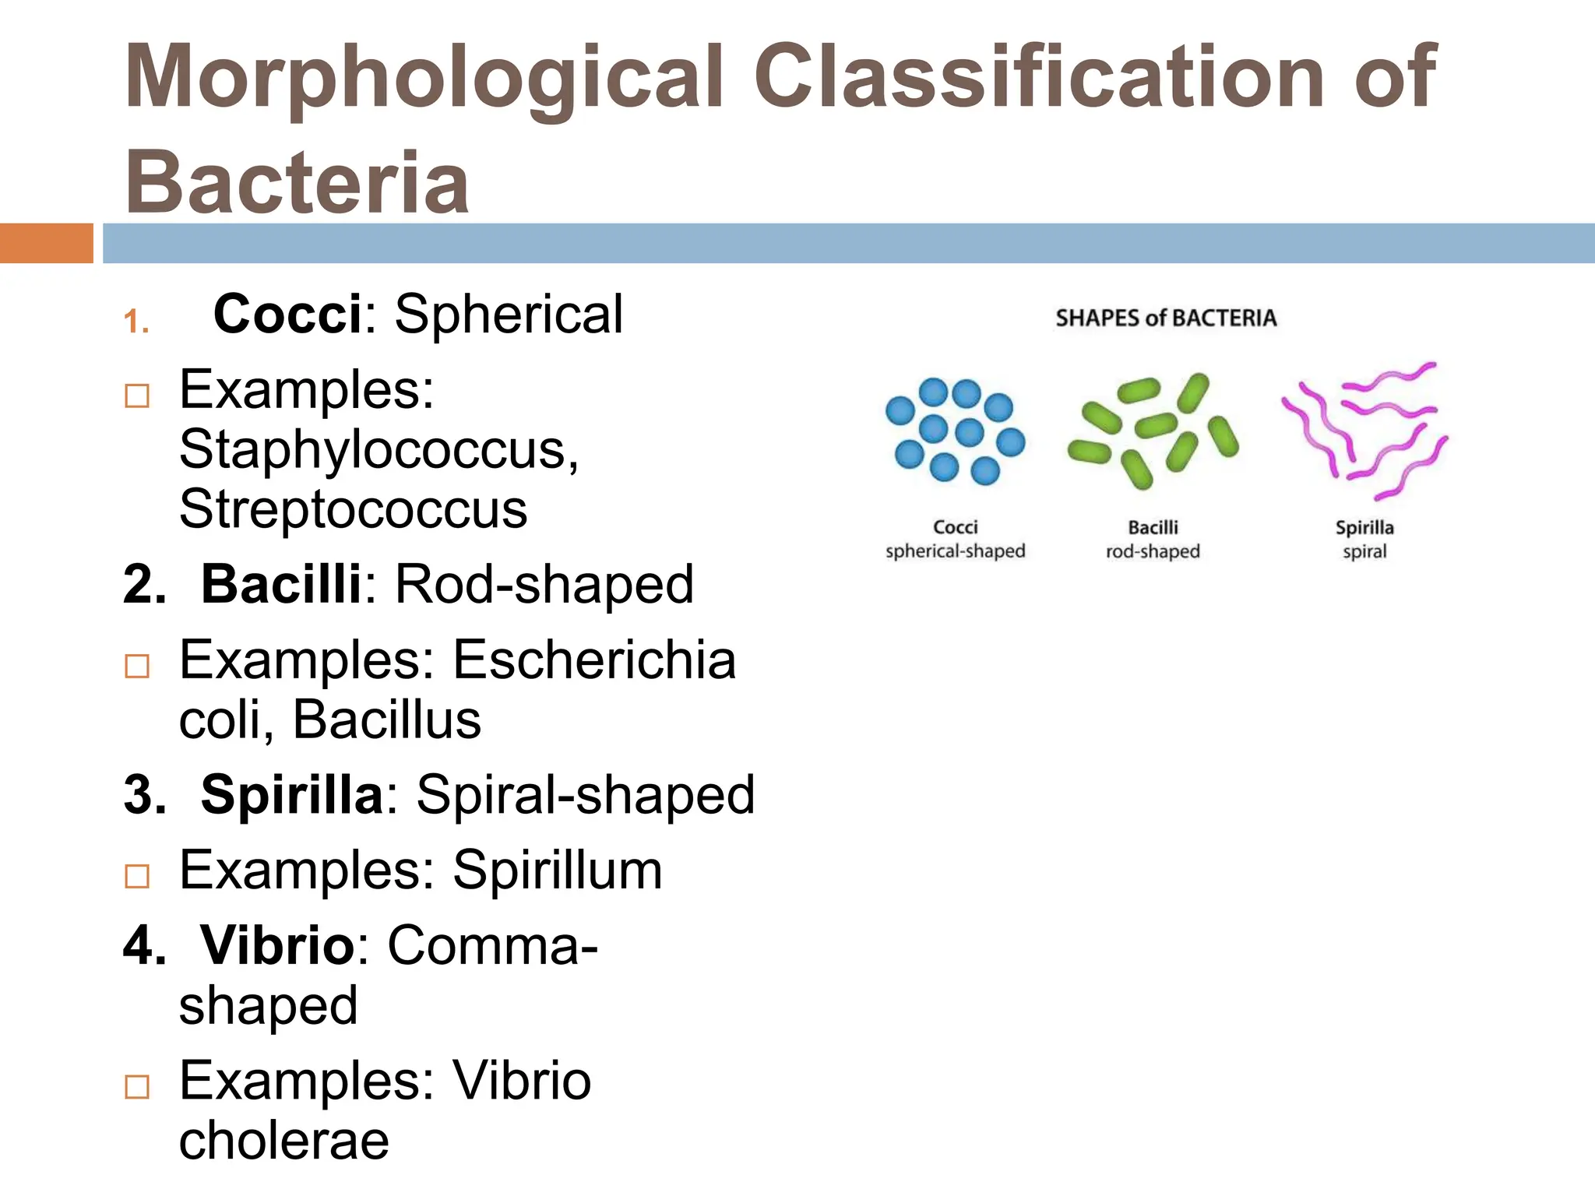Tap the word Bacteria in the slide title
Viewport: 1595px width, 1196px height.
tap(297, 182)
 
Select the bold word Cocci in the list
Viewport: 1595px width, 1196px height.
tap(287, 315)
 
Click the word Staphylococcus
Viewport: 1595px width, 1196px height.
tap(379, 450)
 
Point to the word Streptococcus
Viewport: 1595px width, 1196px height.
tap(353, 510)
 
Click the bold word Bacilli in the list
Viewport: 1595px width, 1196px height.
tap(280, 584)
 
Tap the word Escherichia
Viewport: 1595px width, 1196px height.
tap(594, 660)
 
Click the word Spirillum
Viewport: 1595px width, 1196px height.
tap(558, 871)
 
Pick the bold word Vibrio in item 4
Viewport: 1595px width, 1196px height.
tap(277, 945)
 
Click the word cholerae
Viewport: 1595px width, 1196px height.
tap(283, 1141)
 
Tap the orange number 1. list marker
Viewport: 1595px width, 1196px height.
tap(136, 322)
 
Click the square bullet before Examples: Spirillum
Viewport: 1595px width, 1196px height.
tap(137, 876)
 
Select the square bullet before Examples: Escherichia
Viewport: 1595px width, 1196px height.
tap(137, 666)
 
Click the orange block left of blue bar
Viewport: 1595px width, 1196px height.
tap(46, 243)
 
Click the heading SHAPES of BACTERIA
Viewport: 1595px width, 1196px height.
tap(1166, 318)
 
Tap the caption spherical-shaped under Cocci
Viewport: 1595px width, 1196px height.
tap(955, 551)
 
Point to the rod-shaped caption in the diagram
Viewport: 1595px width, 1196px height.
tap(1153, 551)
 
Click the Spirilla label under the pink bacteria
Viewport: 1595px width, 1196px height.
tap(1364, 528)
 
